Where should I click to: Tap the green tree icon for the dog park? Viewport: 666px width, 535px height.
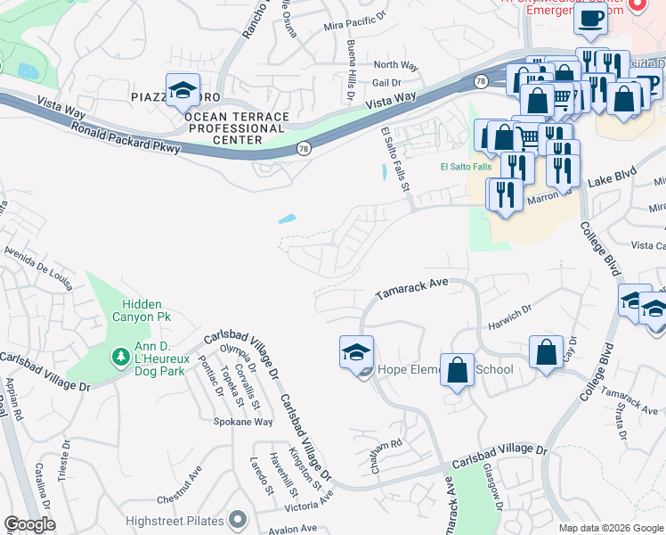pos(121,357)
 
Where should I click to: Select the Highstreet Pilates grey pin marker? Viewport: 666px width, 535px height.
pos(237,518)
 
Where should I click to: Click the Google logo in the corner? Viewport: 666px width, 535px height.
pos(29,524)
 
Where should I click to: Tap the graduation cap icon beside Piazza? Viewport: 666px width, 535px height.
pos(183,90)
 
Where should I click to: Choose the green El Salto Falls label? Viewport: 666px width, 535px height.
pos(466,167)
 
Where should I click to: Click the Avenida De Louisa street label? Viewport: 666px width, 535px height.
pos(38,263)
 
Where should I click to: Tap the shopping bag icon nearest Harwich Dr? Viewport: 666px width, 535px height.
pos(546,351)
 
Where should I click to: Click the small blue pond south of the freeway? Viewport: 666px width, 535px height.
pos(287,218)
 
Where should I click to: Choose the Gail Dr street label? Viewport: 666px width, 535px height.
pos(387,82)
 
